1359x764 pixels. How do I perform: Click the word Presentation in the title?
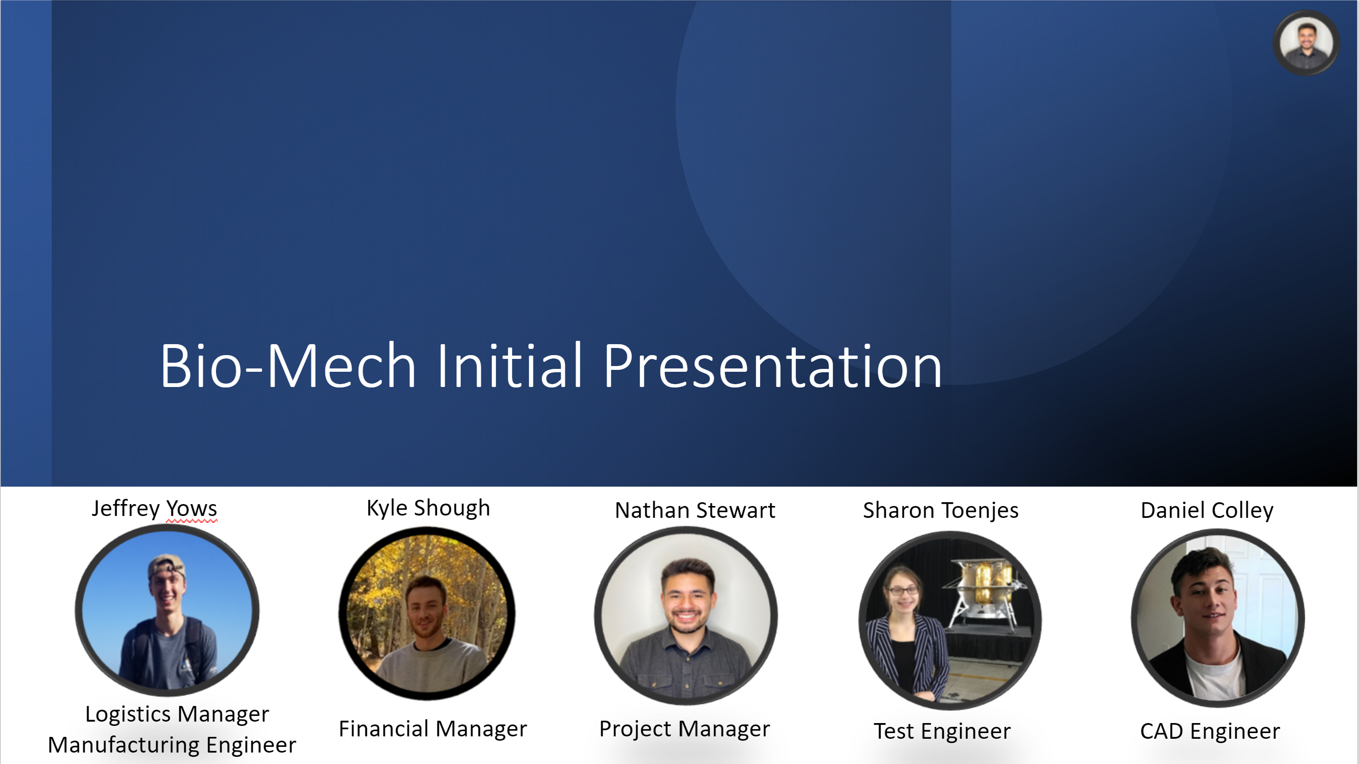tap(773, 365)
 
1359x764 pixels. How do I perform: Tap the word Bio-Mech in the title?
tap(288, 365)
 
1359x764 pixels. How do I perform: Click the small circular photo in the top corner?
tap(1306, 43)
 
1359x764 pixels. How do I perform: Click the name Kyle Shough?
tap(428, 508)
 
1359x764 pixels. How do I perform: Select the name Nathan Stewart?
tap(695, 510)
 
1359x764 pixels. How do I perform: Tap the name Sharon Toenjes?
tap(941, 511)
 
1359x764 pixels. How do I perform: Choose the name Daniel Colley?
tap(1207, 511)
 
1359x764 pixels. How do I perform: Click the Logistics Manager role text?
tap(177, 714)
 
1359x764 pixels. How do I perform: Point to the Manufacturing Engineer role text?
tap(172, 745)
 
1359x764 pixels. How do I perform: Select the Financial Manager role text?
tap(433, 729)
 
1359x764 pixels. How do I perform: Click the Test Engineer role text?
tap(942, 731)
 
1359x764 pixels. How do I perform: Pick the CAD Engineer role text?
tap(1210, 731)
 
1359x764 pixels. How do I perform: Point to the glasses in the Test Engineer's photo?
tap(904, 590)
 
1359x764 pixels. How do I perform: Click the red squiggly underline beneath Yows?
tap(191, 521)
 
